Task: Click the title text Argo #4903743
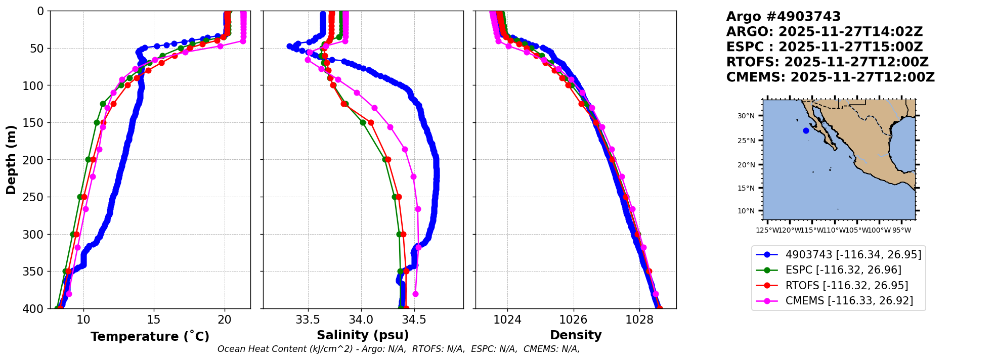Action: click(783, 17)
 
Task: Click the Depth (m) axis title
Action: click(11, 159)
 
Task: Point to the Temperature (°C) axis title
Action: click(150, 337)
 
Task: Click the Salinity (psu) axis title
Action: click(363, 335)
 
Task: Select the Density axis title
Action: click(576, 335)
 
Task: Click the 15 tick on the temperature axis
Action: click(154, 320)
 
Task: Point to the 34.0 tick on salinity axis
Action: click(361, 320)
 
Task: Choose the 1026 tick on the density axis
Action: click(573, 320)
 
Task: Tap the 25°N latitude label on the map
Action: click(746, 141)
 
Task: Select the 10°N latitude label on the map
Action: click(746, 211)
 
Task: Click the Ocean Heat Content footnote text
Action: click(399, 349)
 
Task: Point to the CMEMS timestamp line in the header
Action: click(830, 77)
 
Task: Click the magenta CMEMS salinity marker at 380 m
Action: click(415, 294)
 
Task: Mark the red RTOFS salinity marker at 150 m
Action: click(371, 122)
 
